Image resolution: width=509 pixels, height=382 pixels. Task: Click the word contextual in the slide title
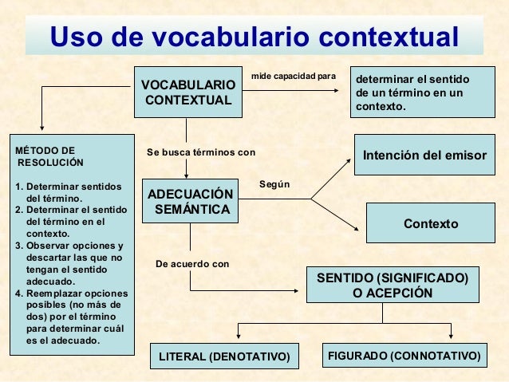(389, 37)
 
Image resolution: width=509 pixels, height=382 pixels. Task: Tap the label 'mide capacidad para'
(293, 77)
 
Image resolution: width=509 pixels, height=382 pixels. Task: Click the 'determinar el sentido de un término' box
(423, 93)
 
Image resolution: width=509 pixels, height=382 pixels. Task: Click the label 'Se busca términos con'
(200, 152)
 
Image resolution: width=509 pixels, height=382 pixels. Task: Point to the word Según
(274, 185)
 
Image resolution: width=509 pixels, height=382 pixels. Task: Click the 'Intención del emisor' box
(424, 155)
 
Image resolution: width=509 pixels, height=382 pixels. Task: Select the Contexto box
(431, 224)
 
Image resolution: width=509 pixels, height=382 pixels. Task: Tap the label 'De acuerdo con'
(191, 263)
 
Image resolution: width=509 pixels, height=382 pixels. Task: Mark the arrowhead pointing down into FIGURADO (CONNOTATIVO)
(452, 336)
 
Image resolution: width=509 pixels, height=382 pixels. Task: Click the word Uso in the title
(76, 37)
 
